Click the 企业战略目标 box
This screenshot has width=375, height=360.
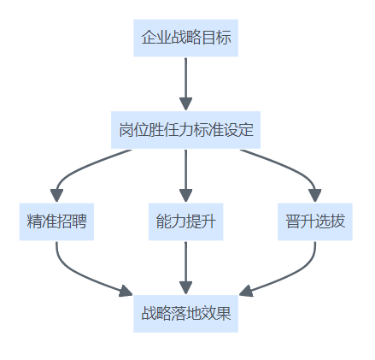point(185,38)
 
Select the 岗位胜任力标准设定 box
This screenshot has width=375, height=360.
point(185,130)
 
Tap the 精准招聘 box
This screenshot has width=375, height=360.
point(56,221)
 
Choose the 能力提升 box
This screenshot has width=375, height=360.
point(185,221)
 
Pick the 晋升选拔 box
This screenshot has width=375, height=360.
point(315,221)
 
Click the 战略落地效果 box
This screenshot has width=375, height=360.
point(185,314)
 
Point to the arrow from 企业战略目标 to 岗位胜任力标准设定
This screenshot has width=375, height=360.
point(185,84)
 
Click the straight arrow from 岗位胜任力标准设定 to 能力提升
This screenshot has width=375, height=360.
point(185,176)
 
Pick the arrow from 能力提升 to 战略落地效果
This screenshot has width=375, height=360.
point(185,268)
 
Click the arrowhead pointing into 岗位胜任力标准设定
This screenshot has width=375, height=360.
point(185,104)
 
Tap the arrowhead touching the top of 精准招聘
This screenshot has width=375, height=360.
point(56,196)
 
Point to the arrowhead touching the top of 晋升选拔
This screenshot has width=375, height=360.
point(315,196)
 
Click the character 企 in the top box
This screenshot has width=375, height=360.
point(149,38)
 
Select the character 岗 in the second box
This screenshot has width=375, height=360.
point(126,130)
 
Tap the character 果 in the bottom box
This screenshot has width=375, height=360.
point(223,314)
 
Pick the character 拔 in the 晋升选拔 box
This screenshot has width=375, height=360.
point(337,221)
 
